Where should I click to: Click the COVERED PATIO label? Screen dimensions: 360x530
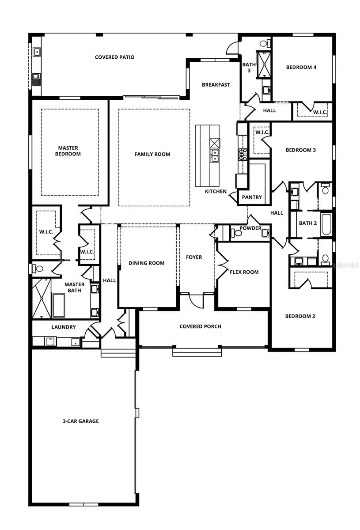tap(114, 57)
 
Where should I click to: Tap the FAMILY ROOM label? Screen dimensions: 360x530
tap(152, 154)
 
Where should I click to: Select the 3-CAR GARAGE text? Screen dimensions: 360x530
tap(81, 421)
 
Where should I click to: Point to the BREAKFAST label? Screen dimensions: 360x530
tap(216, 85)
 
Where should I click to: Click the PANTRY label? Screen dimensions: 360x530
tap(252, 197)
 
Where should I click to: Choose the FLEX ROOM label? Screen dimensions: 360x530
tap(244, 272)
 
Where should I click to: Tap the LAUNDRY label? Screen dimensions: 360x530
tap(64, 327)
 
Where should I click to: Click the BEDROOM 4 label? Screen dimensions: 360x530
tap(301, 67)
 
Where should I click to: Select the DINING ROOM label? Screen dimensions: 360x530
tap(147, 263)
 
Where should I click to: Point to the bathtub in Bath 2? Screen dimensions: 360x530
tap(326, 224)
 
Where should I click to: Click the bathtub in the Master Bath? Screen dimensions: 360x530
tap(59, 306)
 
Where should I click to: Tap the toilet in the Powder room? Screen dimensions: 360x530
tap(236, 233)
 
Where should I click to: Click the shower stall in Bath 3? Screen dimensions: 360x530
tap(264, 64)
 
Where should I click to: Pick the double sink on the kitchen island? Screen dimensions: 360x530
tap(214, 155)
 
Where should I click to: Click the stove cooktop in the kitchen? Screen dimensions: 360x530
tap(243, 155)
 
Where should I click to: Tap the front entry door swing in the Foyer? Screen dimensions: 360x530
tap(196, 301)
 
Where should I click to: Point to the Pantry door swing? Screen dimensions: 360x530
tap(233, 197)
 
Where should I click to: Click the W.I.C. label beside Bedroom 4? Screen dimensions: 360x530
tap(320, 112)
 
